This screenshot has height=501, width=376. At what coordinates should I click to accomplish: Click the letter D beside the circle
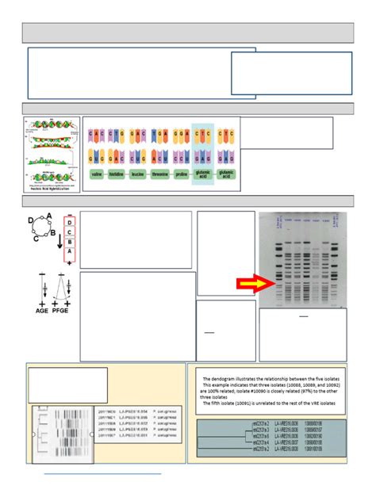click(x=31, y=220)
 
